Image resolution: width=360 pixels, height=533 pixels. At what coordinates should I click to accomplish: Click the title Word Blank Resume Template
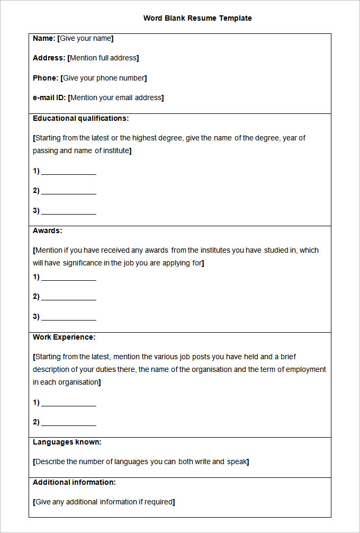coord(197,18)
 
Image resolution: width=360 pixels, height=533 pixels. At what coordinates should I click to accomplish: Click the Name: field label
coord(44,38)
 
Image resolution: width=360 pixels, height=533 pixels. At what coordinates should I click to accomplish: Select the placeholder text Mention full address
coord(104,58)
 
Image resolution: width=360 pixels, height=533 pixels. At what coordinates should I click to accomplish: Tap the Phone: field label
coord(46,78)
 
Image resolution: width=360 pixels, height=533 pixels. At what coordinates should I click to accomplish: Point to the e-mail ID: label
coord(49,97)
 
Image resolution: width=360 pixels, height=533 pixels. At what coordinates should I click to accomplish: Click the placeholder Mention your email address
coord(116,97)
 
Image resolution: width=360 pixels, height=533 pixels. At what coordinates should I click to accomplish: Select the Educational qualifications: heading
coord(80,118)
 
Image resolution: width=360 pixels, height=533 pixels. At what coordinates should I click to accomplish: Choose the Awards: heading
coord(47,230)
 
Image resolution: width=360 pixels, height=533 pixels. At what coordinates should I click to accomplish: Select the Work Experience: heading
coord(64,337)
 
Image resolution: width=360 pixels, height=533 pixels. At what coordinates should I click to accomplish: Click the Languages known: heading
coord(67,442)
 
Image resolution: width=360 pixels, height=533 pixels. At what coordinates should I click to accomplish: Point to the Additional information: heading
coord(74,482)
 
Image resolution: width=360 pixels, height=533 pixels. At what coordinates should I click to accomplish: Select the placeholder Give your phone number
coord(104,78)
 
